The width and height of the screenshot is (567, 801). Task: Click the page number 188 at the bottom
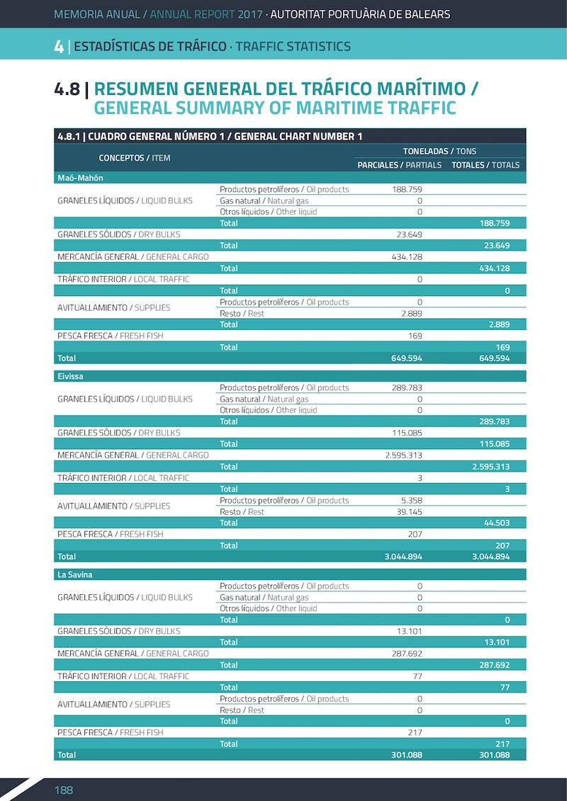pyautogui.click(x=64, y=790)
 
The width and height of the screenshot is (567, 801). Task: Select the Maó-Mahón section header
pyautogui.click(x=79, y=178)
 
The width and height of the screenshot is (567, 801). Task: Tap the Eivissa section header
pyautogui.click(x=70, y=376)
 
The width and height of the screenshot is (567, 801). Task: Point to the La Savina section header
pyautogui.click(x=74, y=574)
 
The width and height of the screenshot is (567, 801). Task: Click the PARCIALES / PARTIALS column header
pyautogui.click(x=399, y=165)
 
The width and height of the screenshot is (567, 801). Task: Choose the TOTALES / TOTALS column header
pyautogui.click(x=485, y=165)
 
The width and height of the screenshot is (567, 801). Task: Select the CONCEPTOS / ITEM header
pyautogui.click(x=135, y=158)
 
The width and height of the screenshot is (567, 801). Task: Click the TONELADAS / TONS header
pyautogui.click(x=439, y=151)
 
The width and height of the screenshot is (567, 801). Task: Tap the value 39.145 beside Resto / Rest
pyautogui.click(x=409, y=512)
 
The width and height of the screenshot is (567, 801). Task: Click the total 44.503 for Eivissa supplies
pyautogui.click(x=495, y=523)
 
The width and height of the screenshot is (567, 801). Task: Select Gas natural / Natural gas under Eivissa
pyautogui.click(x=264, y=399)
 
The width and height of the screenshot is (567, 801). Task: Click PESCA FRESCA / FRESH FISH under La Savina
pyautogui.click(x=110, y=732)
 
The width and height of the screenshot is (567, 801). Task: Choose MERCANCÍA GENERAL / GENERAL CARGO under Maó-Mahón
pyautogui.click(x=133, y=256)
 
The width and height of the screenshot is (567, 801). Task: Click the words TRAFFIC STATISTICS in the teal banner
pyautogui.click(x=293, y=47)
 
